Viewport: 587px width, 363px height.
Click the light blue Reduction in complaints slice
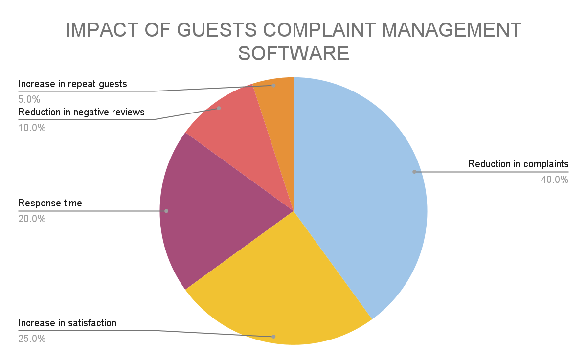(x=362, y=186)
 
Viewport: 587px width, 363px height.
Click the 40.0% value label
(x=554, y=180)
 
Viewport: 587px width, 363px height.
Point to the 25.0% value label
(x=32, y=338)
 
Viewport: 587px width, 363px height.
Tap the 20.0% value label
(x=32, y=219)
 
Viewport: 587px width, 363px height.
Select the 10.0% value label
(x=32, y=128)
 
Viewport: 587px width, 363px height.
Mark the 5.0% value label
(x=30, y=99)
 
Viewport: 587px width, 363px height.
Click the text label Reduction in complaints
(x=519, y=164)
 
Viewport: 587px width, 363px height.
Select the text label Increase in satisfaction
(x=68, y=323)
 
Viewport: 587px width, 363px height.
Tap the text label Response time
(x=50, y=203)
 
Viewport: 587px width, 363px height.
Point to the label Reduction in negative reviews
(x=82, y=112)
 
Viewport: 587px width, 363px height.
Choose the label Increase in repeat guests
(x=73, y=84)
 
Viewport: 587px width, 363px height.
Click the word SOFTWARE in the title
(x=293, y=53)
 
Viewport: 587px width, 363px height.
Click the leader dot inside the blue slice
(x=414, y=172)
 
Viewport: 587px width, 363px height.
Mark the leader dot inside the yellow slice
(x=273, y=337)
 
